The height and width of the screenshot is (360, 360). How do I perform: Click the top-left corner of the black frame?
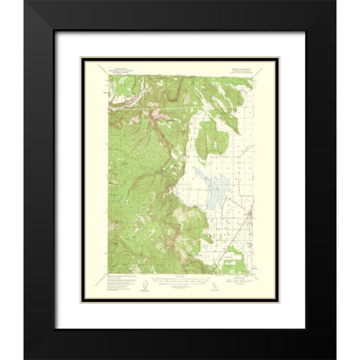coord(25,2)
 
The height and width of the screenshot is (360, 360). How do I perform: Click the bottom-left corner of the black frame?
coord(25,358)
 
